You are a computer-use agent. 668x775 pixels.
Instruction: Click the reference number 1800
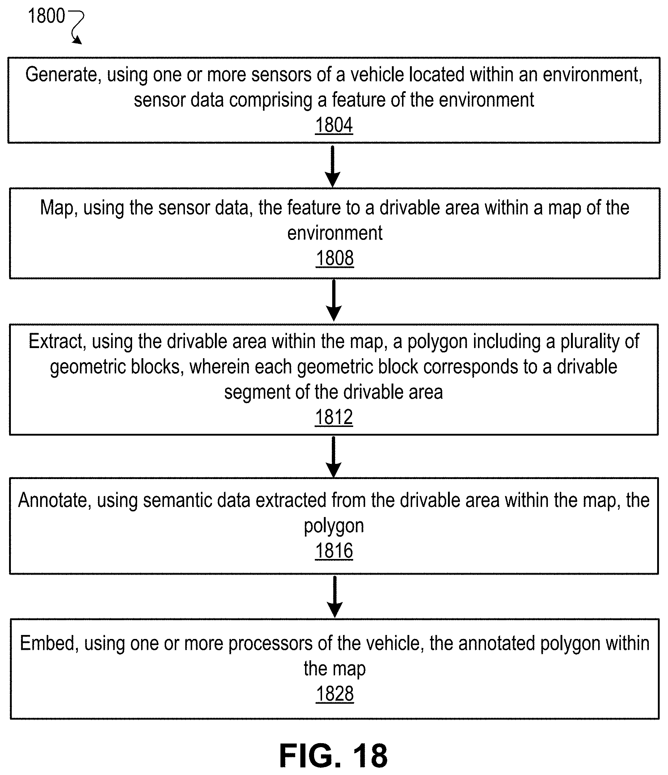tap(46, 16)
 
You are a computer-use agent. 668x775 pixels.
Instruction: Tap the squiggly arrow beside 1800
tap(77, 27)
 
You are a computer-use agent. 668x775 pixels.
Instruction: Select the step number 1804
tap(334, 125)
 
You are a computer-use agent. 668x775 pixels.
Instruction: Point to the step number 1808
tap(335, 258)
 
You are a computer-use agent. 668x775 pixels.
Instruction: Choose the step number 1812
tap(334, 417)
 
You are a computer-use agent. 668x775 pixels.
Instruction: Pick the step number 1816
tap(334, 551)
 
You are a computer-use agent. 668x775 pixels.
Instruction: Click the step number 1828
tap(335, 694)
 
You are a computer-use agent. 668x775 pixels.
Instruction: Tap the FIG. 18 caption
tap(334, 755)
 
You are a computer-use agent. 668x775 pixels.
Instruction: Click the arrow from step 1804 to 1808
tap(333, 166)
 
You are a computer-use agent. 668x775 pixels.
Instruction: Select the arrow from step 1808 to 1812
tap(334, 300)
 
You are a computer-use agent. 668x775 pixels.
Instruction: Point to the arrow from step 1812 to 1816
tap(333, 457)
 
